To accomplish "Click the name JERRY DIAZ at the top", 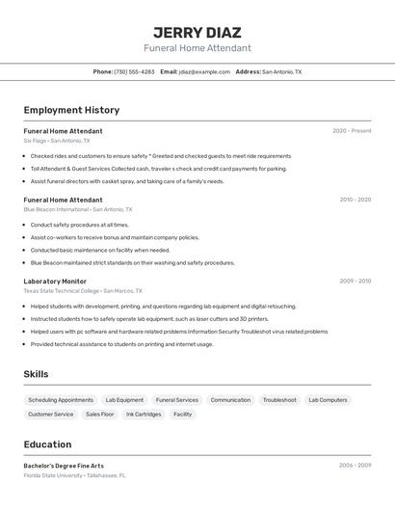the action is [x=197, y=32].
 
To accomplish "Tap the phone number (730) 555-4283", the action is [x=134, y=71].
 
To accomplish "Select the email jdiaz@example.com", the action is [x=197, y=71].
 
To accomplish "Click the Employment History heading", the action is [x=71, y=110].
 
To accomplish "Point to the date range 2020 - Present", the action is [x=352, y=131].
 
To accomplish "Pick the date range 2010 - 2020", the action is [x=355, y=200].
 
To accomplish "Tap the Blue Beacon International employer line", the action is [x=77, y=209].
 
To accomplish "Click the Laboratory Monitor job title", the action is [x=55, y=282].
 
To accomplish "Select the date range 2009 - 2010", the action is [x=355, y=282].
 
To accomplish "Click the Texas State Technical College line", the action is [x=82, y=290].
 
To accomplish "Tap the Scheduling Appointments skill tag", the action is [x=61, y=400].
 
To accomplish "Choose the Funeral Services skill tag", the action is [x=176, y=400].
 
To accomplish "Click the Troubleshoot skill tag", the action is [x=279, y=400].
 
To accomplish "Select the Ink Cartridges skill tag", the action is [x=144, y=415].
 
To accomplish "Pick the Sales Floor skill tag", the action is [x=100, y=415].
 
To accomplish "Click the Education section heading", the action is [x=47, y=444].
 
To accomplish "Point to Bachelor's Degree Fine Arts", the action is [x=64, y=466].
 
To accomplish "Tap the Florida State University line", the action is [x=74, y=475].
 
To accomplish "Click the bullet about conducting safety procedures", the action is [x=79, y=225].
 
